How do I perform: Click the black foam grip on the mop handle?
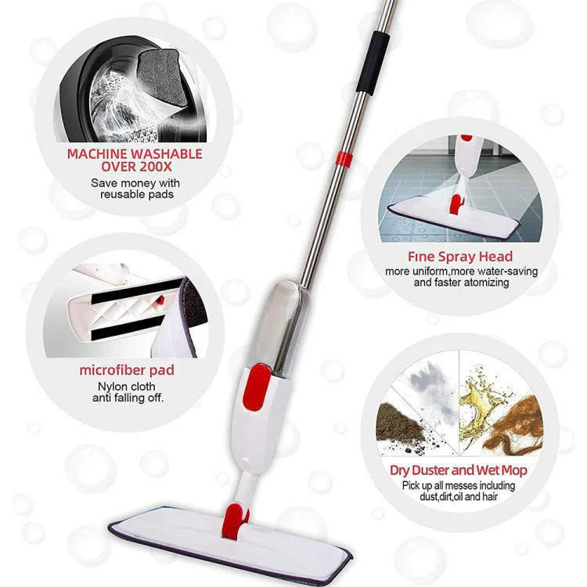373,62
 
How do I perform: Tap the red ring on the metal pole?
344,159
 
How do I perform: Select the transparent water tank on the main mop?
280,325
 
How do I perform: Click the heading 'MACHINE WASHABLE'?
135,154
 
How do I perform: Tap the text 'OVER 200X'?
136,167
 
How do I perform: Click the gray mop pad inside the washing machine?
162,77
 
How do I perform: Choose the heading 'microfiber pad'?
127,370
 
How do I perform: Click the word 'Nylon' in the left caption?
111,387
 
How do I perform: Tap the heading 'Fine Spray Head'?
460,257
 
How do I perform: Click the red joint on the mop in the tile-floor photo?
456,203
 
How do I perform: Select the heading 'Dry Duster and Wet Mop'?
458,470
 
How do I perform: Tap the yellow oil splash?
482,405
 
